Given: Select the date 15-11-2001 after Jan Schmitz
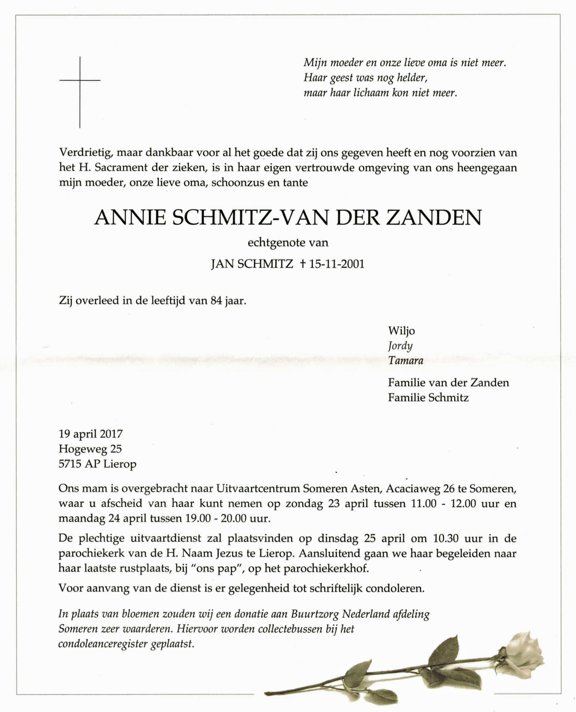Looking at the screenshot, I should [336, 264].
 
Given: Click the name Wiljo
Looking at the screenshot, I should [401, 331].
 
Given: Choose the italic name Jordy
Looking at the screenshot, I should [400, 346].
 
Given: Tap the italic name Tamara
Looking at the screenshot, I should [406, 361].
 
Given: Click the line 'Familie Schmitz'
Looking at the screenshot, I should [428, 398].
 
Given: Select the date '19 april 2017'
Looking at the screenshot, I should [91, 434].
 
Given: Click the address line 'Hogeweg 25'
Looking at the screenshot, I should [90, 449].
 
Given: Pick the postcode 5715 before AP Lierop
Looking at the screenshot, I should [70, 464].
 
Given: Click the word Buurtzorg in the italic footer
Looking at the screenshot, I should [315, 614].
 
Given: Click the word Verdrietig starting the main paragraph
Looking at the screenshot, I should [87, 153].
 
